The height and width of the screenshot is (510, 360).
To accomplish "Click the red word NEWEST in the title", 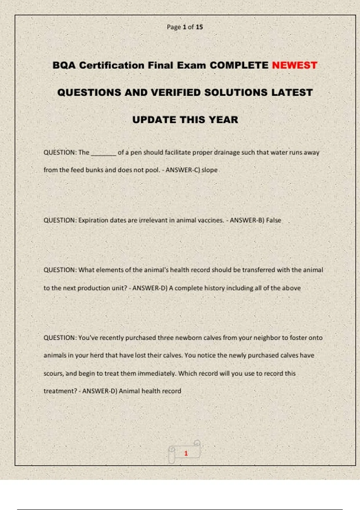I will (294, 65).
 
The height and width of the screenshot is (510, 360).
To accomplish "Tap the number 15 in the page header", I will (199, 27).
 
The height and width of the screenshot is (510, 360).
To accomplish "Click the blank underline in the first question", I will (103, 153).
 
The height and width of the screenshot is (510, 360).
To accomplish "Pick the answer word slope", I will (209, 170).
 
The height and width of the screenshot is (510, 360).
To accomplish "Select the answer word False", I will (273, 220).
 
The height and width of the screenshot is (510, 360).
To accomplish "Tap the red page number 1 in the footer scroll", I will (186, 453).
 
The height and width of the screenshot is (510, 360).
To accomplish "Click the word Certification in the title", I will (112, 65).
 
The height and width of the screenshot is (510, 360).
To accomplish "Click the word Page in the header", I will (174, 27).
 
